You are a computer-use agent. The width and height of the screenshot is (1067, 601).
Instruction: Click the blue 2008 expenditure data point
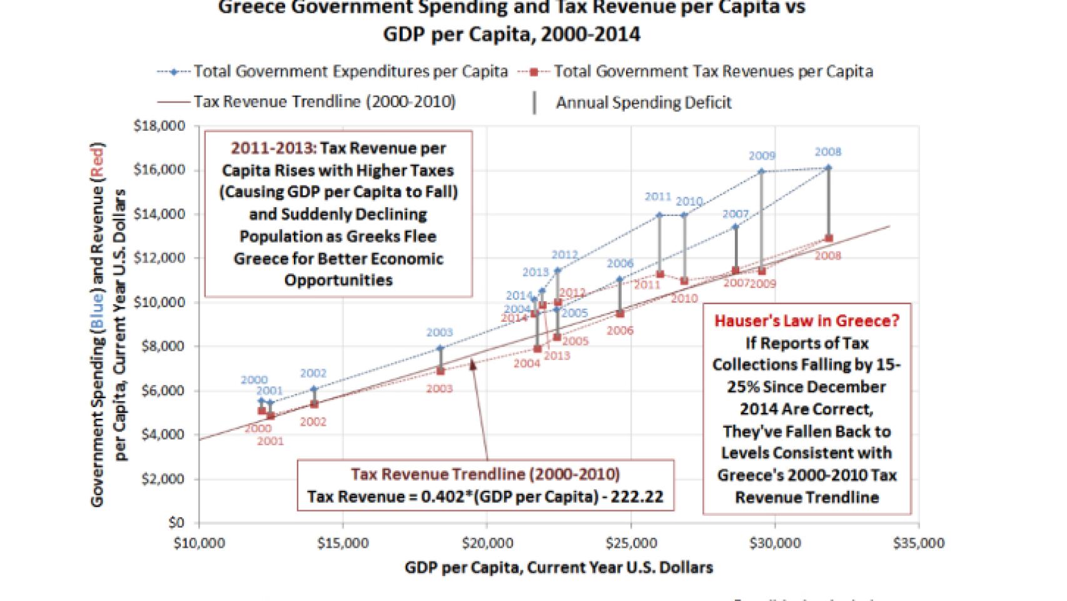(x=829, y=168)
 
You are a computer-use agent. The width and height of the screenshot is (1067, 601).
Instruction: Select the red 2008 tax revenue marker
(x=829, y=239)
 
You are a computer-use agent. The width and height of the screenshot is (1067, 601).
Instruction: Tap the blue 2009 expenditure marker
(x=761, y=171)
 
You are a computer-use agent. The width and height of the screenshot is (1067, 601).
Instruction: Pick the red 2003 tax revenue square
(x=440, y=371)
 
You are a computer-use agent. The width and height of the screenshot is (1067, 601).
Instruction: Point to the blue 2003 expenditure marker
(x=440, y=348)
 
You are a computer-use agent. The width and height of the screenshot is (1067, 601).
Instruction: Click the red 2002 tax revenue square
(x=314, y=404)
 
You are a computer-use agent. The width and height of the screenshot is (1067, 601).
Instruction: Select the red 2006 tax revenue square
(x=620, y=314)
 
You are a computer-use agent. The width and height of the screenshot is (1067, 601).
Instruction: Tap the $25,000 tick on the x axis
(x=630, y=543)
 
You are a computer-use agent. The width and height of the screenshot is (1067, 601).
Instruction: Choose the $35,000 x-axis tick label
(x=919, y=543)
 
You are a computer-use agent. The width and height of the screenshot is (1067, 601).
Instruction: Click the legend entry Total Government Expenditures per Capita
(x=350, y=71)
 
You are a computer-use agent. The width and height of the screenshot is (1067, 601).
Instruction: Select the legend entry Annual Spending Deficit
(x=643, y=102)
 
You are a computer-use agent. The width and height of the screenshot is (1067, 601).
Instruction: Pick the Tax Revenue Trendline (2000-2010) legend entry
(x=324, y=102)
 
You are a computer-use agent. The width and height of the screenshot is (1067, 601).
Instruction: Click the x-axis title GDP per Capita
(x=559, y=567)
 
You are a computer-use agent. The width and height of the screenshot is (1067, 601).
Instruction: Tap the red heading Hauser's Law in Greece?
(x=807, y=321)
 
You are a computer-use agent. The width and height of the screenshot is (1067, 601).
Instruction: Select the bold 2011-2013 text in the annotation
(x=272, y=148)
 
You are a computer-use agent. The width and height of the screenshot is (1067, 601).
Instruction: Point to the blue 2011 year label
(x=657, y=197)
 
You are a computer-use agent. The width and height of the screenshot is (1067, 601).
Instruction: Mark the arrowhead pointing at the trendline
(x=473, y=362)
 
